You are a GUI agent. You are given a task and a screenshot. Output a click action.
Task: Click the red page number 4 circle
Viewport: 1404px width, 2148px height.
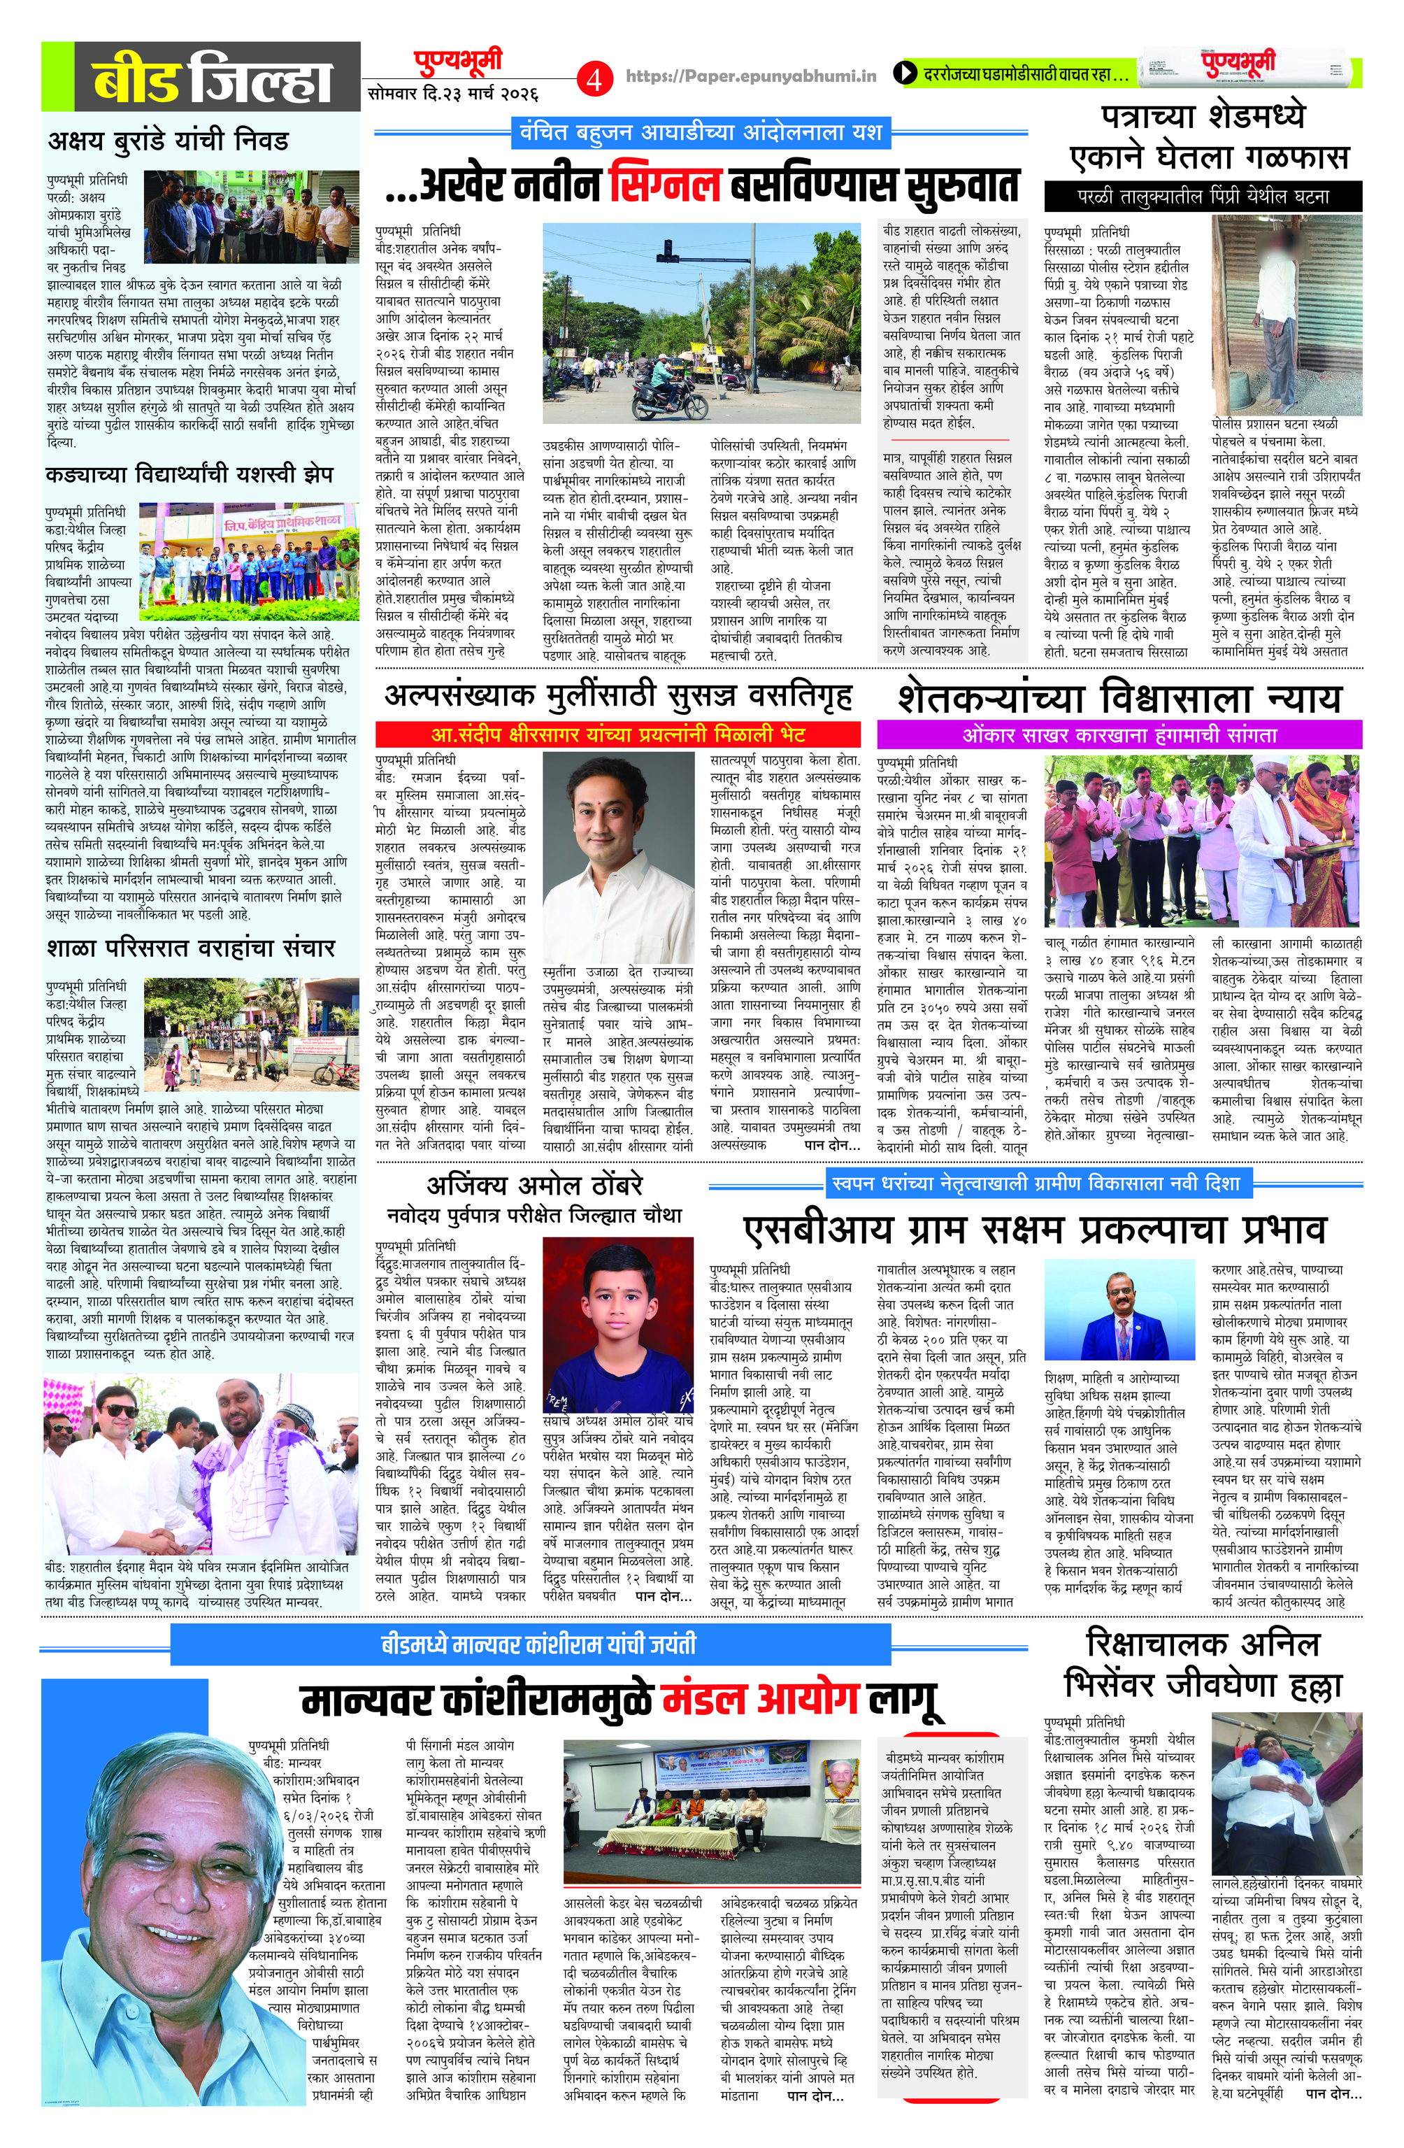594,78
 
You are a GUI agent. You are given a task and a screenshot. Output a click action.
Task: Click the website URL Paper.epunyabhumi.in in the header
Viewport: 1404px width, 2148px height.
751,77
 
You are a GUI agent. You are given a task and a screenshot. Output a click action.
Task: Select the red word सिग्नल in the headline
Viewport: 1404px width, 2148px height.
664,184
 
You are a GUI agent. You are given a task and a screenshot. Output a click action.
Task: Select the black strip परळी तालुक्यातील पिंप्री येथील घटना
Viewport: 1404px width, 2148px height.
1203,196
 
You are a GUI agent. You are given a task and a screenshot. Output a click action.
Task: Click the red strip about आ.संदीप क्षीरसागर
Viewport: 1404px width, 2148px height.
618,734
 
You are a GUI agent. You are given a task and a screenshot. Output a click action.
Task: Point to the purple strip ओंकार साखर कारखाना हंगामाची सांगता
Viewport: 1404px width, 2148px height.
1119,734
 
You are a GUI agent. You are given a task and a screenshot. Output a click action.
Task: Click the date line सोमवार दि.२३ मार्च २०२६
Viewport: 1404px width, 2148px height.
454,93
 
